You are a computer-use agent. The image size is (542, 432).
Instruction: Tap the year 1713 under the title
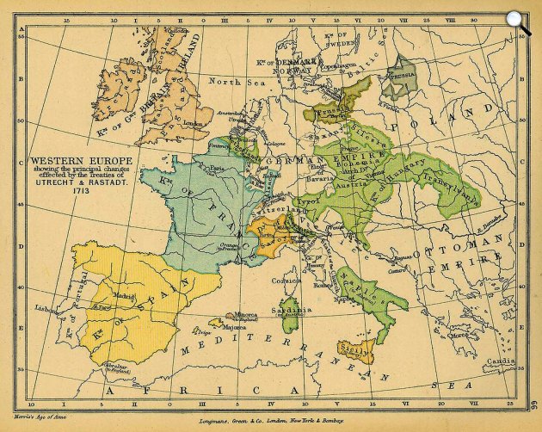[80, 189]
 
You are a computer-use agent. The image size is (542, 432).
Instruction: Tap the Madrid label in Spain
[121, 297]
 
